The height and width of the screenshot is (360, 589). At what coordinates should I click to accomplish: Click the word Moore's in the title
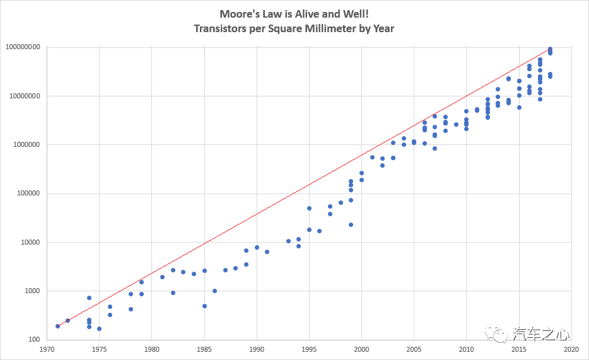point(238,14)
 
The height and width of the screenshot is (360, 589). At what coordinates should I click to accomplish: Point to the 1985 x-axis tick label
point(204,349)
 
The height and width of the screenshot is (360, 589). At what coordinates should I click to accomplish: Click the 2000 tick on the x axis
point(361,349)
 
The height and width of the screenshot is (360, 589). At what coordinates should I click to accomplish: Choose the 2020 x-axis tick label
point(571,349)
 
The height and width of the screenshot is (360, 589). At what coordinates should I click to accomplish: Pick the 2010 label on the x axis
point(467,349)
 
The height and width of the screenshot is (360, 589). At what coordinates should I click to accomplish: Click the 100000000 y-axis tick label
point(23,47)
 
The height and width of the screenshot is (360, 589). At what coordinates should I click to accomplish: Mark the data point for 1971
point(57,326)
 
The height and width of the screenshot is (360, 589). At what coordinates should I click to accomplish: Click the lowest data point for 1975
point(99,329)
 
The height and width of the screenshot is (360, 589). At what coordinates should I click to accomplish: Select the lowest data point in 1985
point(204,306)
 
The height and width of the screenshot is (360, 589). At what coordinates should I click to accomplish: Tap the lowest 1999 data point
point(351,224)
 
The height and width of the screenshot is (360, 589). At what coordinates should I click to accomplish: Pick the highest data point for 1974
point(89,298)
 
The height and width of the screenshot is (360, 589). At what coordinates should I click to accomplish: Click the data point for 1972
point(67,321)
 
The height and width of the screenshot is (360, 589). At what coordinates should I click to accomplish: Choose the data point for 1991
point(267,252)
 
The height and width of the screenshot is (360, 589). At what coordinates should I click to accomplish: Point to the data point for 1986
point(214,291)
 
